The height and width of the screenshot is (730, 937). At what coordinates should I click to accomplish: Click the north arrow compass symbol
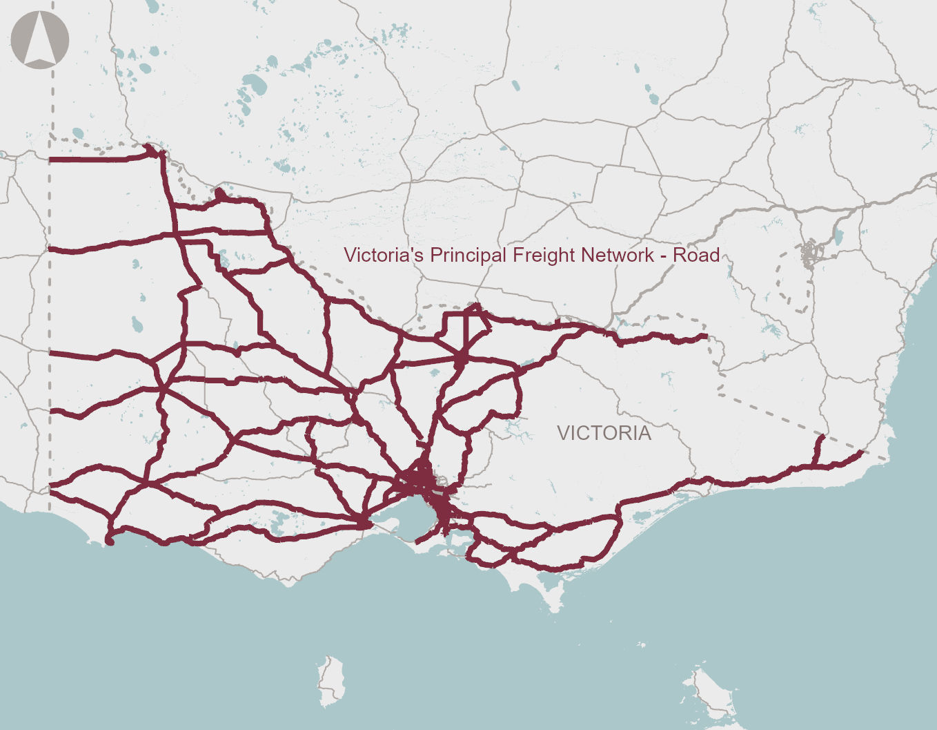point(40,40)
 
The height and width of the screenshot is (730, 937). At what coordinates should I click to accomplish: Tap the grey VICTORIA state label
point(604,433)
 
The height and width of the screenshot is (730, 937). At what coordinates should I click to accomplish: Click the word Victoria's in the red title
point(384,255)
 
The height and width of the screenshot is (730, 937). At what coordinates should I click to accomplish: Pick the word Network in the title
point(617,255)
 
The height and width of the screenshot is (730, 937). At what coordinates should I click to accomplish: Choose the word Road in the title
point(697,255)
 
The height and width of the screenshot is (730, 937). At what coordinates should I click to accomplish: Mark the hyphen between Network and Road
point(664,256)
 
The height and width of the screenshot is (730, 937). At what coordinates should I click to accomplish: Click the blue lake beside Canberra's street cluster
point(838,236)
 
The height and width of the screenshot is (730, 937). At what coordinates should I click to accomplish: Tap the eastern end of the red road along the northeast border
point(706,336)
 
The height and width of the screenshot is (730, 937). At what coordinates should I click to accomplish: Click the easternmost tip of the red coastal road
point(862,453)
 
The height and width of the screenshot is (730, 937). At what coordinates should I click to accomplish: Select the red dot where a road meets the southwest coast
point(108,541)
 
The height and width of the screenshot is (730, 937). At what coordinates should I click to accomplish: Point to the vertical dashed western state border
point(50,311)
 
